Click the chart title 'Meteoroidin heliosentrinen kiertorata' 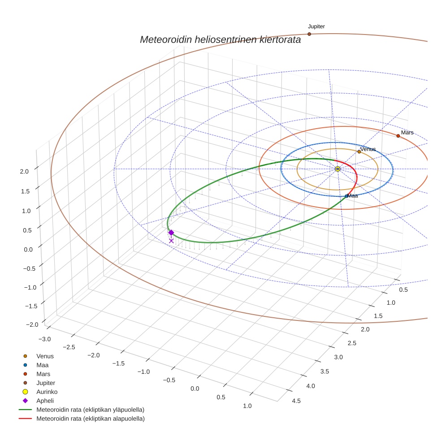tap(220, 39)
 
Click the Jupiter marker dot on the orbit tap(309, 34)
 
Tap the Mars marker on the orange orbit tap(398, 136)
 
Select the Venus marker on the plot tap(359, 152)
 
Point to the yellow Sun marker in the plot tap(337, 169)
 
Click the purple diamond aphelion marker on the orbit tap(171, 232)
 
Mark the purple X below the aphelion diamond tap(171, 241)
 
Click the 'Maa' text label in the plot tap(353, 196)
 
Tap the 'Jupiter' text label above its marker tap(316, 27)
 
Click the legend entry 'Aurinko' tap(47, 392)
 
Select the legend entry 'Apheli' tap(45, 401)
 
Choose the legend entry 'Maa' tap(42, 365)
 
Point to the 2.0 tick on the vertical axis tap(24, 171)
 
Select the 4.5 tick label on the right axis tap(296, 401)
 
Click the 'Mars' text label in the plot tap(407, 133)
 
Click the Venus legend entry tap(45, 356)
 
